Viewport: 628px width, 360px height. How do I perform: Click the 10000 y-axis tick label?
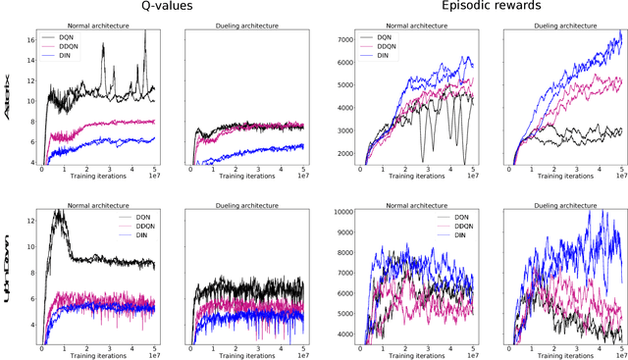point(341,211)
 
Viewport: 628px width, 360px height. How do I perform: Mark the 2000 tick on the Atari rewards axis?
point(344,153)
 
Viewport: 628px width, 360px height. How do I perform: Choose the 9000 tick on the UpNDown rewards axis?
point(344,236)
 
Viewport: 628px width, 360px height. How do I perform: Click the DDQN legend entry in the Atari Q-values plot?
point(68,47)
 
